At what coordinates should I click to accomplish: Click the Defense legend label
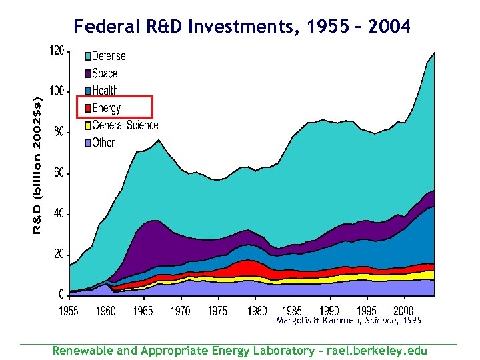click(109, 56)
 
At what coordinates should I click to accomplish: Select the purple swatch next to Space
click(87, 74)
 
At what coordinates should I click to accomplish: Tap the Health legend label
click(105, 91)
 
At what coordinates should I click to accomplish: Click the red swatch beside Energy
click(87, 108)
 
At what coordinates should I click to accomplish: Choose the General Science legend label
click(125, 125)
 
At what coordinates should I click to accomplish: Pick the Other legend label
click(103, 142)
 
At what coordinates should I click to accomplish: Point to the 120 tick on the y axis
click(57, 51)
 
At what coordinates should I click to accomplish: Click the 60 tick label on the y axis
click(59, 173)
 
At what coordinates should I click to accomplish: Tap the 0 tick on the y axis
click(61, 295)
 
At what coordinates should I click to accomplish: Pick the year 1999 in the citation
click(408, 321)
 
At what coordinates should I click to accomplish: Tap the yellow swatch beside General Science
click(87, 125)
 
